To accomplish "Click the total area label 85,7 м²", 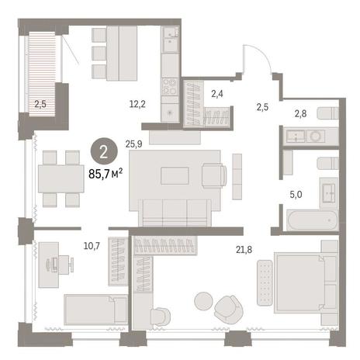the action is pos(106,174).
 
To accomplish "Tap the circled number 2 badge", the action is pos(104,152).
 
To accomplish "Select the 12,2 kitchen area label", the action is pos(137,104).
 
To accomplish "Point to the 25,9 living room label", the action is pos(133,144).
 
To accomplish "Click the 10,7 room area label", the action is pos(92,246).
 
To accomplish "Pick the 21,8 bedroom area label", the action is pos(244,250).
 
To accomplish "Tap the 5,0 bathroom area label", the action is pos(296,195).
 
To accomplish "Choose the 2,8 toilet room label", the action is pos(300,113).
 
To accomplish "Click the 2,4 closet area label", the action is pos(217,94).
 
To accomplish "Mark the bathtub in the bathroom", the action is pos(313,220).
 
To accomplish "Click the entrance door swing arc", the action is pos(261,52).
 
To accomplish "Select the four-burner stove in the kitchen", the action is pos(170,87).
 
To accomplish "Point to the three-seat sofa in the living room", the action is pos(175,213).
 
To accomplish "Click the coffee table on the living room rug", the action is pos(175,176).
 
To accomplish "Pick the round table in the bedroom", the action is pos(204,301).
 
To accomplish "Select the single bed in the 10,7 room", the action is pos(95,310).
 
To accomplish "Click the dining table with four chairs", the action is pos(61,178).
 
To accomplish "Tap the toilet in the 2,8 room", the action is pos(327,113).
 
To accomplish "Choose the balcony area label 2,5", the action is pos(40,104).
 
